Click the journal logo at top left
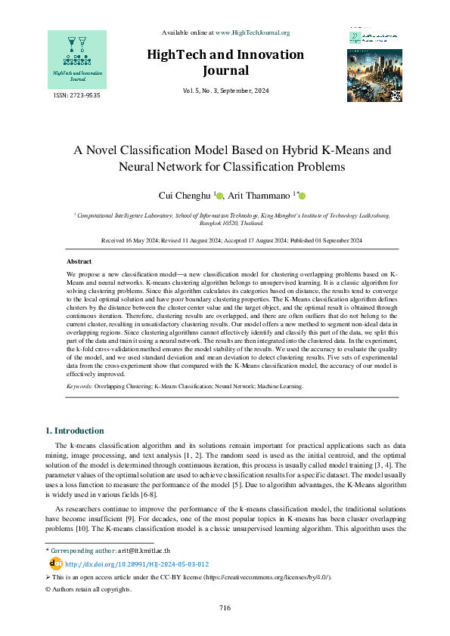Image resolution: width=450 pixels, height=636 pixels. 77,58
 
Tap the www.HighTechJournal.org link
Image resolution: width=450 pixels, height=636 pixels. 253,32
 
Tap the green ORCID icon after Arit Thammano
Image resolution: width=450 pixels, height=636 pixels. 303,196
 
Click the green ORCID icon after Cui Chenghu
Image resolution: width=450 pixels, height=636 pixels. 220,196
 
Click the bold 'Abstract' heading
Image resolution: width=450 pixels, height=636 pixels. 79,261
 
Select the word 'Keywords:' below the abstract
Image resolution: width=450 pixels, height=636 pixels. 79,386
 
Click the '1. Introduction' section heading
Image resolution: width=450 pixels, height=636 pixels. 74,431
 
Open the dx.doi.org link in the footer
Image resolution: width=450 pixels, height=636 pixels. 137,563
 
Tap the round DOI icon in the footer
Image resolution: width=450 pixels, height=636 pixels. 54,563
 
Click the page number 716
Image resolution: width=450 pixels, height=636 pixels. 225,608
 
